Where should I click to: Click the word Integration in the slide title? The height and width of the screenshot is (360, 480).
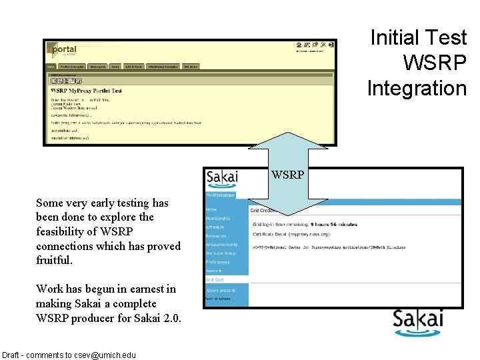click(x=417, y=87)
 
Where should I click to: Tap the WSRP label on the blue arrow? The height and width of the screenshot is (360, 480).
click(x=287, y=175)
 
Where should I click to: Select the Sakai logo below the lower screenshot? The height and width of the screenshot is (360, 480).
click(x=417, y=323)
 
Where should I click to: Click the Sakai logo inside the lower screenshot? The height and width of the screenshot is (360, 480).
click(x=222, y=178)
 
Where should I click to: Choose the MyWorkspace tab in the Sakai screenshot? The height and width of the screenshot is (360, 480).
click(x=220, y=195)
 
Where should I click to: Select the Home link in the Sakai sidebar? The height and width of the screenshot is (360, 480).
click(x=211, y=209)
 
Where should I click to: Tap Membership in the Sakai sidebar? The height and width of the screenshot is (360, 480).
click(x=218, y=219)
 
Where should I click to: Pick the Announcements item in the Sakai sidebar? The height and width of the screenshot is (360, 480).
click(x=222, y=245)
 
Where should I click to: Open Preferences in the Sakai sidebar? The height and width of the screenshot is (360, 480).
click(x=217, y=262)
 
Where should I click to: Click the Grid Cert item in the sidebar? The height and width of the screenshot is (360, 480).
click(x=215, y=280)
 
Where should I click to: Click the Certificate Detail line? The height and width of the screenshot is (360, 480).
click(x=291, y=234)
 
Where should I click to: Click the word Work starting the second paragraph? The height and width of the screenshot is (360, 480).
click(x=50, y=289)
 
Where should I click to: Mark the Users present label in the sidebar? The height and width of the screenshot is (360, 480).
click(x=221, y=291)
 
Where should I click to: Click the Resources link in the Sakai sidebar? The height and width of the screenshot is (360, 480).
click(x=216, y=236)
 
